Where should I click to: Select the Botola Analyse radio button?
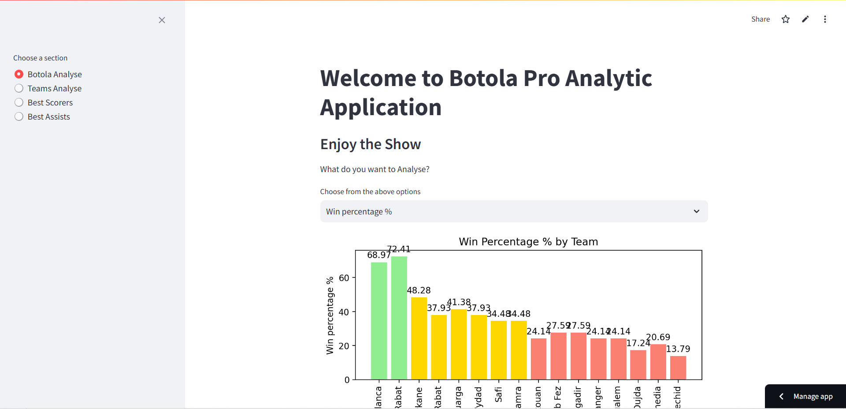click(19, 74)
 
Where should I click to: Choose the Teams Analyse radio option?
click(19, 88)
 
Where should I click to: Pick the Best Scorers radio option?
click(19, 102)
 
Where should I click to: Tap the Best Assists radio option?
click(19, 116)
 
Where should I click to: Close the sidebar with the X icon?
click(162, 20)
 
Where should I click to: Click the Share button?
click(761, 19)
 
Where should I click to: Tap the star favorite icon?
click(786, 19)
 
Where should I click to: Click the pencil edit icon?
click(805, 19)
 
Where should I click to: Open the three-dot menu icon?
click(825, 19)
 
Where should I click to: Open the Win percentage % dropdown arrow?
click(696, 211)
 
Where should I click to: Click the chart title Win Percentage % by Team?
click(528, 242)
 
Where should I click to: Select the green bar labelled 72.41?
click(399, 318)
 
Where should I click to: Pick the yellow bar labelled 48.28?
click(419, 338)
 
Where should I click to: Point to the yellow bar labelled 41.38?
click(459, 344)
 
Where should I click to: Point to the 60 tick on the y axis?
click(344, 278)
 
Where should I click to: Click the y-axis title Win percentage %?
click(330, 315)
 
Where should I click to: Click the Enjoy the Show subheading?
click(371, 144)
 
